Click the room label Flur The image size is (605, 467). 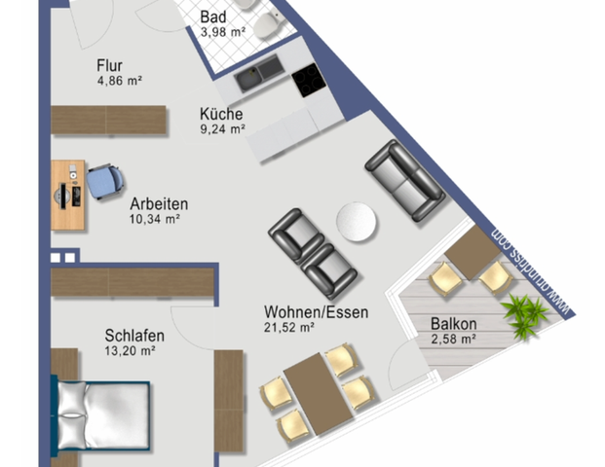109,65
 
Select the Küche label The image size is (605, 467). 221,113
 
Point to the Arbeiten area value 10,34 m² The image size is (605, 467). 157,220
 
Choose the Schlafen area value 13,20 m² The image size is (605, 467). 133,352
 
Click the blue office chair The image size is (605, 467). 103,181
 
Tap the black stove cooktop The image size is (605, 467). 309,78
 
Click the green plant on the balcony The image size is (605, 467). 523,312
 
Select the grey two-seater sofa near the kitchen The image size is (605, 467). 403,178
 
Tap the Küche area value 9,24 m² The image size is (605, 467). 222,127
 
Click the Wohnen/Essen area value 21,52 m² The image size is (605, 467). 288,328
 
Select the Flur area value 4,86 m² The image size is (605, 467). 120,81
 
